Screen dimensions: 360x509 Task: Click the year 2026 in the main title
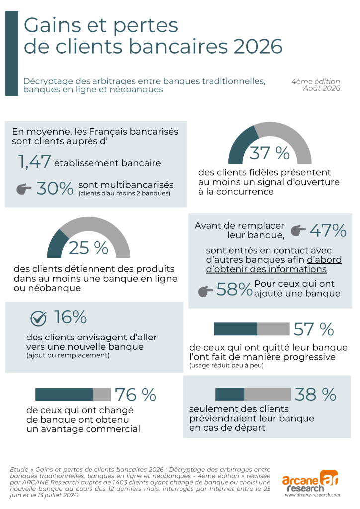tap(258, 46)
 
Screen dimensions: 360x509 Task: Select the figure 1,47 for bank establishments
tap(34, 162)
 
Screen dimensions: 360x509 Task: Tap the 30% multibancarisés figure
tap(55, 188)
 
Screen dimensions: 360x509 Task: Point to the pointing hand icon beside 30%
tap(24, 189)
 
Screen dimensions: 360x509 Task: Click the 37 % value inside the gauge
tap(270, 153)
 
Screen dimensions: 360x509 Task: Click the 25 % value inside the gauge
tap(89, 248)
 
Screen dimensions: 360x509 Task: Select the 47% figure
tap(328, 230)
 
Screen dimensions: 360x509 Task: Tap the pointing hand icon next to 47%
tap(298, 231)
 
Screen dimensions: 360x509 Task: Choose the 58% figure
tap(234, 289)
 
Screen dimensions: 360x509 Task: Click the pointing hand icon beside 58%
tap(206, 291)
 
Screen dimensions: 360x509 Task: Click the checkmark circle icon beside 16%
tap(38, 319)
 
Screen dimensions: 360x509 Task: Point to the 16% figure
tap(70, 317)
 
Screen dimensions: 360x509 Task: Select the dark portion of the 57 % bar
tap(236, 329)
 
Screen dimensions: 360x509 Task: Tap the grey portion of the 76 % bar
tap(102, 394)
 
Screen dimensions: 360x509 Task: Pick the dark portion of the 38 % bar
tap(230, 394)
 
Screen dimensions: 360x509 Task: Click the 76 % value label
tap(136, 395)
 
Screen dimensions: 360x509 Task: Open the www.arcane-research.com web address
tap(313, 495)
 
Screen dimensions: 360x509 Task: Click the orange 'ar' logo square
tap(329, 478)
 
